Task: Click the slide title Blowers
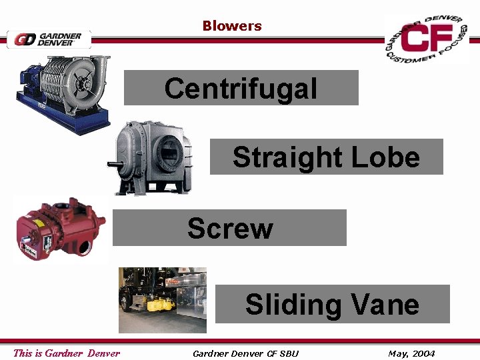point(232,26)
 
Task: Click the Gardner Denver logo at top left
point(49,39)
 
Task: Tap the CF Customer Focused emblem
point(427,39)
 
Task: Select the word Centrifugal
point(241,88)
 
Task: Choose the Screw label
point(230,228)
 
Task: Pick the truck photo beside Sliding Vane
point(163,299)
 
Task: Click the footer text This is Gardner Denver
point(67,353)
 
